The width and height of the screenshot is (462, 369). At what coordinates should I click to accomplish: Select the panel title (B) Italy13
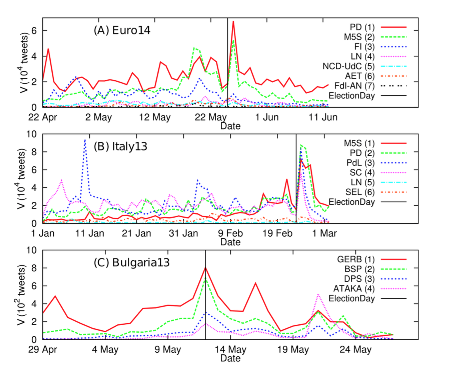pyautogui.click(x=120, y=147)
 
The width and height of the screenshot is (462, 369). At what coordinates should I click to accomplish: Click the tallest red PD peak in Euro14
pyautogui.click(x=233, y=21)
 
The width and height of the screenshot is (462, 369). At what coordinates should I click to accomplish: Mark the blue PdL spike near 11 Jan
pyautogui.click(x=85, y=140)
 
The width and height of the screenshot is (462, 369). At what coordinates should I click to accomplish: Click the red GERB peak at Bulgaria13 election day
pyautogui.click(x=205, y=267)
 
